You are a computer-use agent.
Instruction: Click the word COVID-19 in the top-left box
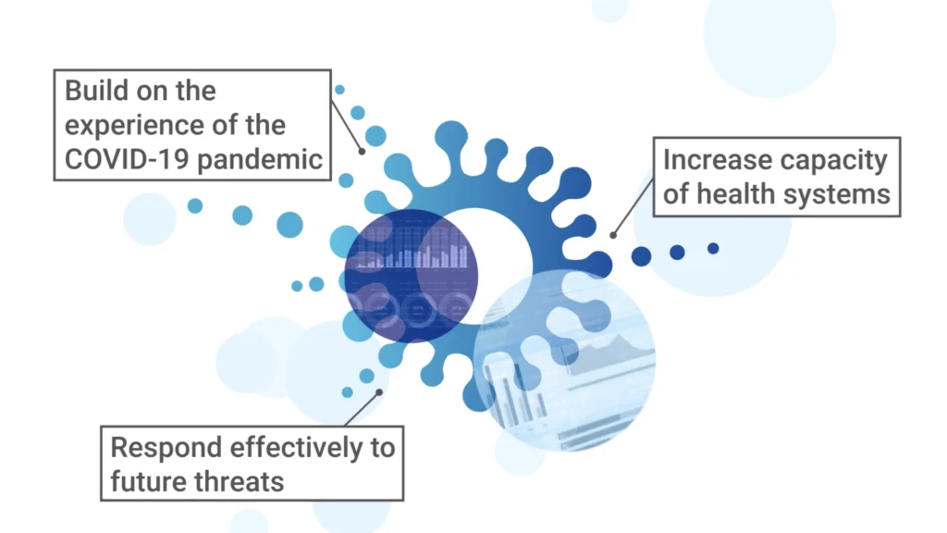coord(128,159)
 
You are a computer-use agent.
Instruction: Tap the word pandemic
coord(260,160)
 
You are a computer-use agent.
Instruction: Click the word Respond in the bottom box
coord(166,449)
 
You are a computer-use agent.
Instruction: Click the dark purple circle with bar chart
coord(412,276)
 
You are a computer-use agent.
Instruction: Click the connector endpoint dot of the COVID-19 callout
coord(362,152)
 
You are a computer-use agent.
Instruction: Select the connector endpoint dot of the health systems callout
coord(613,235)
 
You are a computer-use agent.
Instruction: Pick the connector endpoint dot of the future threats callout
coord(379,392)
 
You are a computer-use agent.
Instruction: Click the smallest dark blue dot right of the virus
coord(713,248)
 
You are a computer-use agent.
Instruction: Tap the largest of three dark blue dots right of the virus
coord(642,256)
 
